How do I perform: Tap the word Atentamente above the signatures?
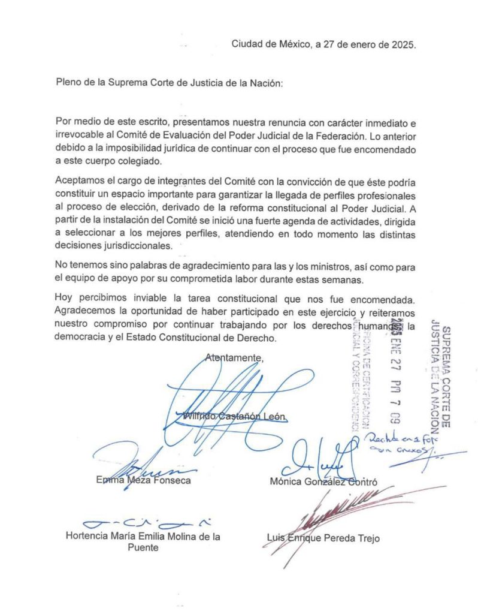click(234, 357)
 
